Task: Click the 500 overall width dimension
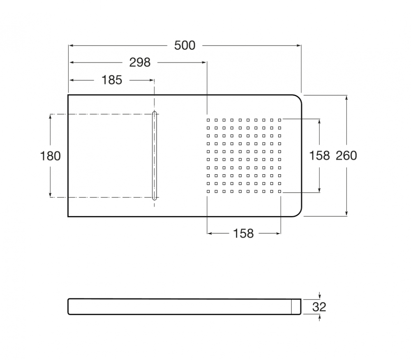(x=185, y=45)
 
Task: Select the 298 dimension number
(x=140, y=62)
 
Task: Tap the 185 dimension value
(x=112, y=80)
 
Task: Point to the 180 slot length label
(x=50, y=156)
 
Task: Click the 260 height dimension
(x=346, y=156)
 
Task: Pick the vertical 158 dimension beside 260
(x=319, y=156)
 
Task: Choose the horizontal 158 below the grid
(x=243, y=233)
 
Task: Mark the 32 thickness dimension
(x=319, y=307)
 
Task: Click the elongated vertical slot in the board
(x=155, y=156)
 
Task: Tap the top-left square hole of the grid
(x=208, y=120)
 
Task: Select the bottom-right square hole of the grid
(x=279, y=192)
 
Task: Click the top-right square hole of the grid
(x=279, y=120)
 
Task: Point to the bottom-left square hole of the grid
(x=208, y=192)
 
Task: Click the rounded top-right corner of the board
(x=298, y=98)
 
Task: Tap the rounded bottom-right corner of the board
(x=298, y=214)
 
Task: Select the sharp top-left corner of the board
(x=68, y=95)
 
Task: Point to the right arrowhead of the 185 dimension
(x=152, y=80)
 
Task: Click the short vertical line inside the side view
(x=291, y=307)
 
